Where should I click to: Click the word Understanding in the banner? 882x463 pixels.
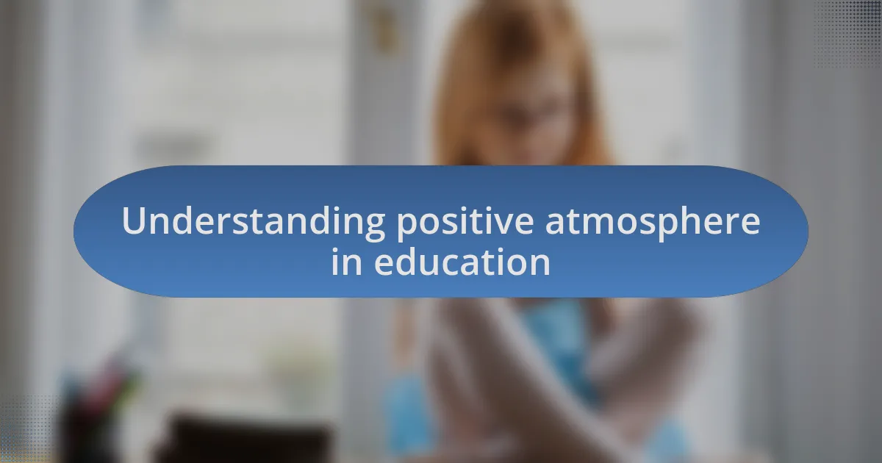point(254,222)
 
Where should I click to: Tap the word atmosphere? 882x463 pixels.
point(653,222)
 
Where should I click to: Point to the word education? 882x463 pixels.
point(462,262)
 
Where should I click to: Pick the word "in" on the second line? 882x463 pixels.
point(346,262)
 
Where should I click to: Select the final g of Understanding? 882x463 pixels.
point(374,226)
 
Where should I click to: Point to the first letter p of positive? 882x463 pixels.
point(408,226)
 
